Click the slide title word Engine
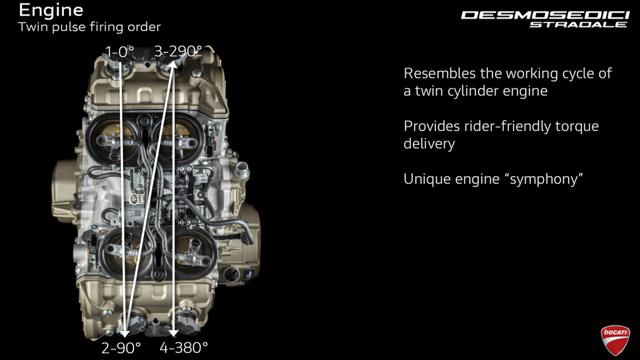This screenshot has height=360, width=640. pyautogui.click(x=51, y=11)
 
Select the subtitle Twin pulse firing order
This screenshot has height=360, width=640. pyautogui.click(x=89, y=27)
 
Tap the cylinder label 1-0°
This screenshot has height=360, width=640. pyautogui.click(x=120, y=52)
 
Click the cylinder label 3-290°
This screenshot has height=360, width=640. pyautogui.click(x=178, y=51)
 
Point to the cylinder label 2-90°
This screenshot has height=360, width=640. pyautogui.click(x=121, y=347)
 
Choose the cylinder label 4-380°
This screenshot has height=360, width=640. pyautogui.click(x=184, y=347)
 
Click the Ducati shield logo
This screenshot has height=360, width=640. pyautogui.click(x=615, y=340)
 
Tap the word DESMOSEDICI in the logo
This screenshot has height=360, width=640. pyautogui.click(x=545, y=16)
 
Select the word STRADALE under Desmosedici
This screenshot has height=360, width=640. pyautogui.click(x=578, y=24)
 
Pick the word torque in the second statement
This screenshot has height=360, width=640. pyautogui.click(x=577, y=127)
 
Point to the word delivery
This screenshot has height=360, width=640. pyautogui.click(x=429, y=144)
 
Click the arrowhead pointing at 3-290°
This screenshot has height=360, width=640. pyautogui.click(x=173, y=65)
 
